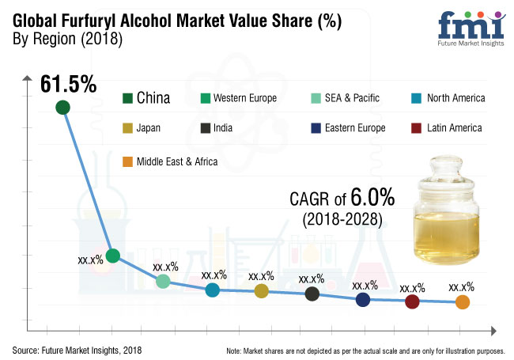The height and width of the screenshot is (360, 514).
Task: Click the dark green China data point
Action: (x=62, y=108)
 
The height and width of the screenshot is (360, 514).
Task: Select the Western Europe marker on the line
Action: (x=113, y=256)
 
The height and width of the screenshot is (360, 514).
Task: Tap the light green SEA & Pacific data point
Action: (x=163, y=281)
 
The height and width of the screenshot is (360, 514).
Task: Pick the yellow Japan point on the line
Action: (x=262, y=291)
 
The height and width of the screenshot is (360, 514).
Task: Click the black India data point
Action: (x=312, y=294)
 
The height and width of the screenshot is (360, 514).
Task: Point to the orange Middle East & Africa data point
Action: (x=462, y=302)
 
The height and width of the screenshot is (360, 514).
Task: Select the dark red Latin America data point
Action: (x=411, y=301)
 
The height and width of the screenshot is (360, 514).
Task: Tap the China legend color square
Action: (x=127, y=98)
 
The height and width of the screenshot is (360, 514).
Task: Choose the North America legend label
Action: (x=455, y=98)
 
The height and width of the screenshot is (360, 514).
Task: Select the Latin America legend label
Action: (x=453, y=127)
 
